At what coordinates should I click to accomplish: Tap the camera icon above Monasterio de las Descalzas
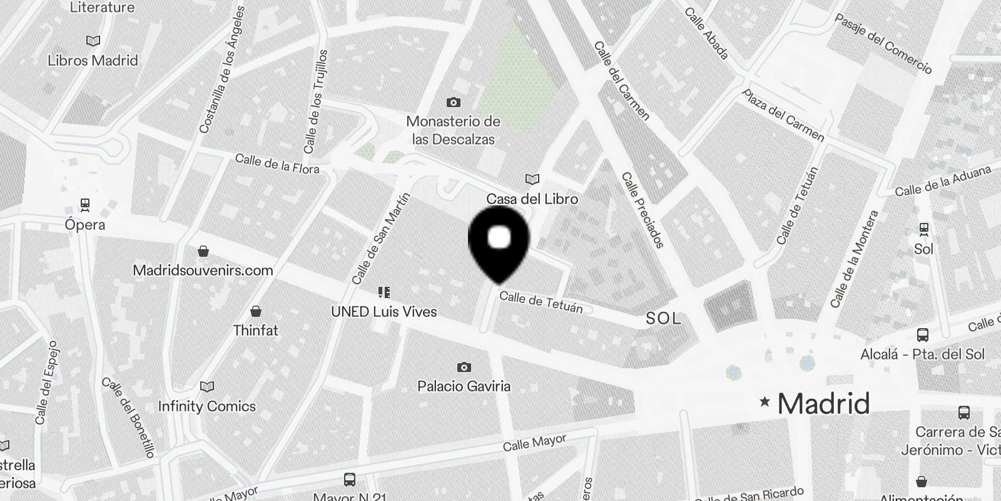tap(454, 102)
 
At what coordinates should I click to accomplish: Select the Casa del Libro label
tap(532, 199)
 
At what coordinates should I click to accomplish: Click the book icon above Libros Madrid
tap(93, 41)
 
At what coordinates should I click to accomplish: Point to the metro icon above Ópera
tap(85, 204)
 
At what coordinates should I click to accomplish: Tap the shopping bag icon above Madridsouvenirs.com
tap(203, 252)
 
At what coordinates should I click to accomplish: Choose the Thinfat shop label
tap(255, 330)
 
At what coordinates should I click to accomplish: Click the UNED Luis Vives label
tap(384, 311)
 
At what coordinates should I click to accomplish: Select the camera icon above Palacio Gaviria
tap(464, 367)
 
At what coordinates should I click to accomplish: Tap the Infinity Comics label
tap(206, 406)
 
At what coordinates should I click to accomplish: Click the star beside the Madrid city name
tap(764, 402)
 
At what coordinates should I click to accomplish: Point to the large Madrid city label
tap(823, 404)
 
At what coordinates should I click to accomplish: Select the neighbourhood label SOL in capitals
tap(663, 319)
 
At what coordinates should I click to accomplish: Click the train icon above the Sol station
tap(923, 229)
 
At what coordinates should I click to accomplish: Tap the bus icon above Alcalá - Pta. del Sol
tap(922, 334)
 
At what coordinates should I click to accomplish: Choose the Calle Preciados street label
tap(643, 210)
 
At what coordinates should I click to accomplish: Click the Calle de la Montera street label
tap(855, 259)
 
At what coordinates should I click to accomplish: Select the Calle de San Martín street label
tap(380, 239)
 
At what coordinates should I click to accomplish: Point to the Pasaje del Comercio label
tap(883, 43)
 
